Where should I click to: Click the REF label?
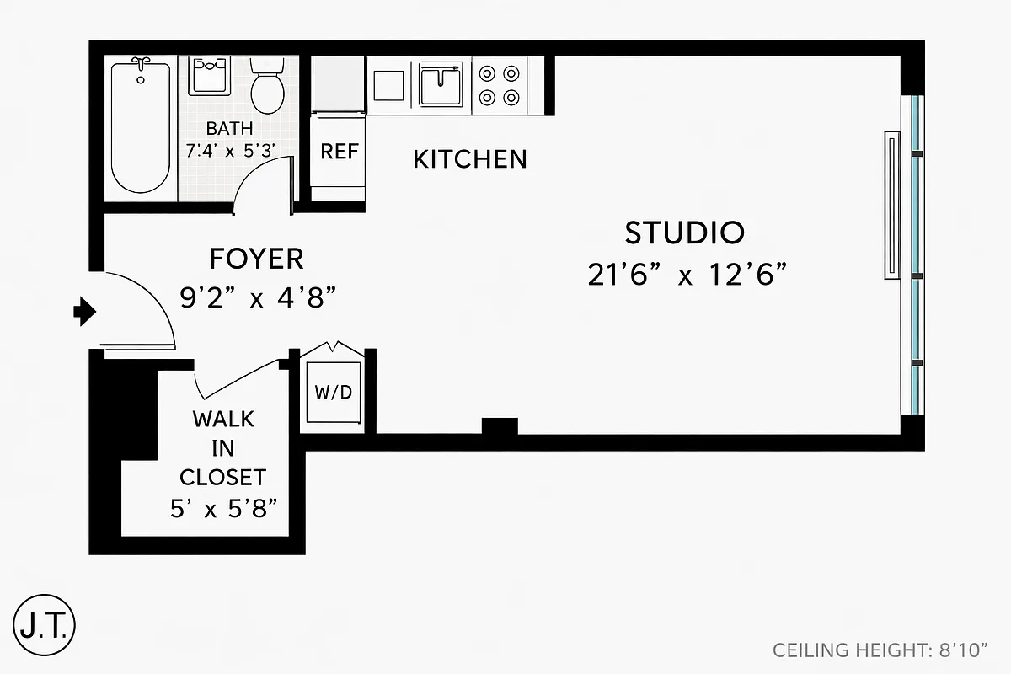340,152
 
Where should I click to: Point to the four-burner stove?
499,85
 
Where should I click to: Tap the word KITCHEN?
470,158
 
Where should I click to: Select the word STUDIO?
685,232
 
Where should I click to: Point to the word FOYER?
256,258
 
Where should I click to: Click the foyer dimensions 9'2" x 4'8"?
259,297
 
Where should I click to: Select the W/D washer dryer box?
334,393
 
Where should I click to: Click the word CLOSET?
222,477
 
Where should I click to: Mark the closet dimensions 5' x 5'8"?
222,510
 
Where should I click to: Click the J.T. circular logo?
45,624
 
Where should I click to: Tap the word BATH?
229,129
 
